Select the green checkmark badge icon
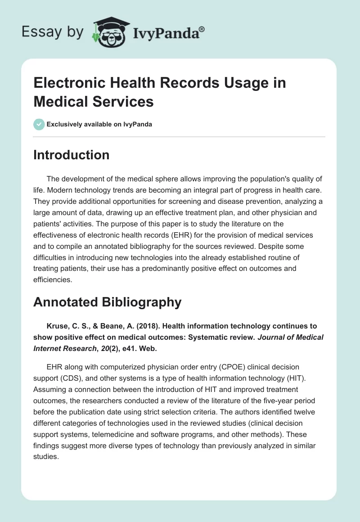(39, 124)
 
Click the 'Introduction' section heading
(71, 155)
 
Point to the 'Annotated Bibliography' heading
(107, 302)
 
